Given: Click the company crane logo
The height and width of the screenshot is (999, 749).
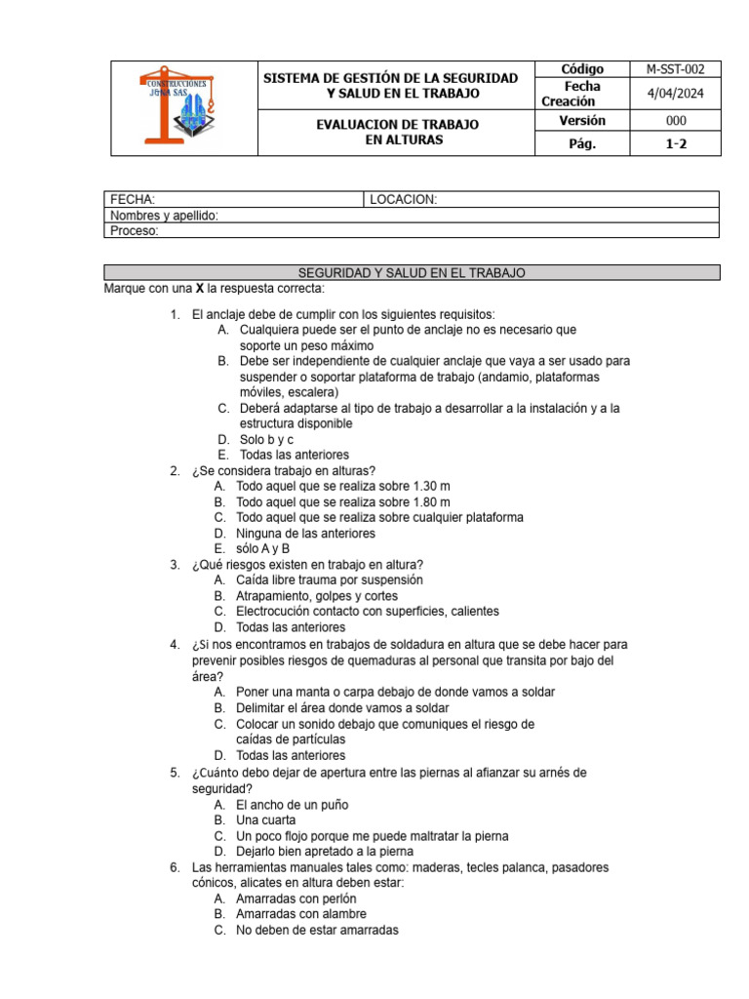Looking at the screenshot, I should [182, 107].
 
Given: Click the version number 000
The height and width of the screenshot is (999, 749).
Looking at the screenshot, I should [676, 120].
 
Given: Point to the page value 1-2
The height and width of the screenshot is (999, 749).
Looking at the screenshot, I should [676, 143].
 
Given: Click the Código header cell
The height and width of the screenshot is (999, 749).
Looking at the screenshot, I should [582, 69].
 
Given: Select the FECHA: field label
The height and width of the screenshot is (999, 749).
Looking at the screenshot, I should [132, 199].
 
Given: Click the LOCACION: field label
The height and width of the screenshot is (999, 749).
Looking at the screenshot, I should [403, 199].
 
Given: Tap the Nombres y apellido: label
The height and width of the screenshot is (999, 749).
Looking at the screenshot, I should [164, 216].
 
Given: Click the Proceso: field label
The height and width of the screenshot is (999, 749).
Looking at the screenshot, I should [134, 231].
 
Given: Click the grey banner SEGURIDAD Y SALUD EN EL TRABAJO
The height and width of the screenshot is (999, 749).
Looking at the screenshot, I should [411, 273].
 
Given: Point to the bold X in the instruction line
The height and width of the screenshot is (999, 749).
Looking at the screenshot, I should [200, 289].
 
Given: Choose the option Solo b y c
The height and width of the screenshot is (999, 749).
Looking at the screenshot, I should [266, 439].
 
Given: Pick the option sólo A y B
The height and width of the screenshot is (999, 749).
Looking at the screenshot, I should [262, 548].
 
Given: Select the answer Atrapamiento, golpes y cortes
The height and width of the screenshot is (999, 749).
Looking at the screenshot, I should [317, 595].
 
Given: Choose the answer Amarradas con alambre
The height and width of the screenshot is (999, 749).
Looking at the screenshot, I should [301, 914].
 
